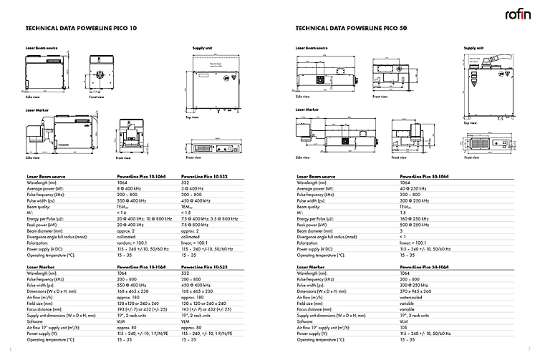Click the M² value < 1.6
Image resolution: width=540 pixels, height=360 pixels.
coord(122,213)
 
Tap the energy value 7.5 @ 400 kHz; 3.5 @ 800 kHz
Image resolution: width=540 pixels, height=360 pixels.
coord(210,218)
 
